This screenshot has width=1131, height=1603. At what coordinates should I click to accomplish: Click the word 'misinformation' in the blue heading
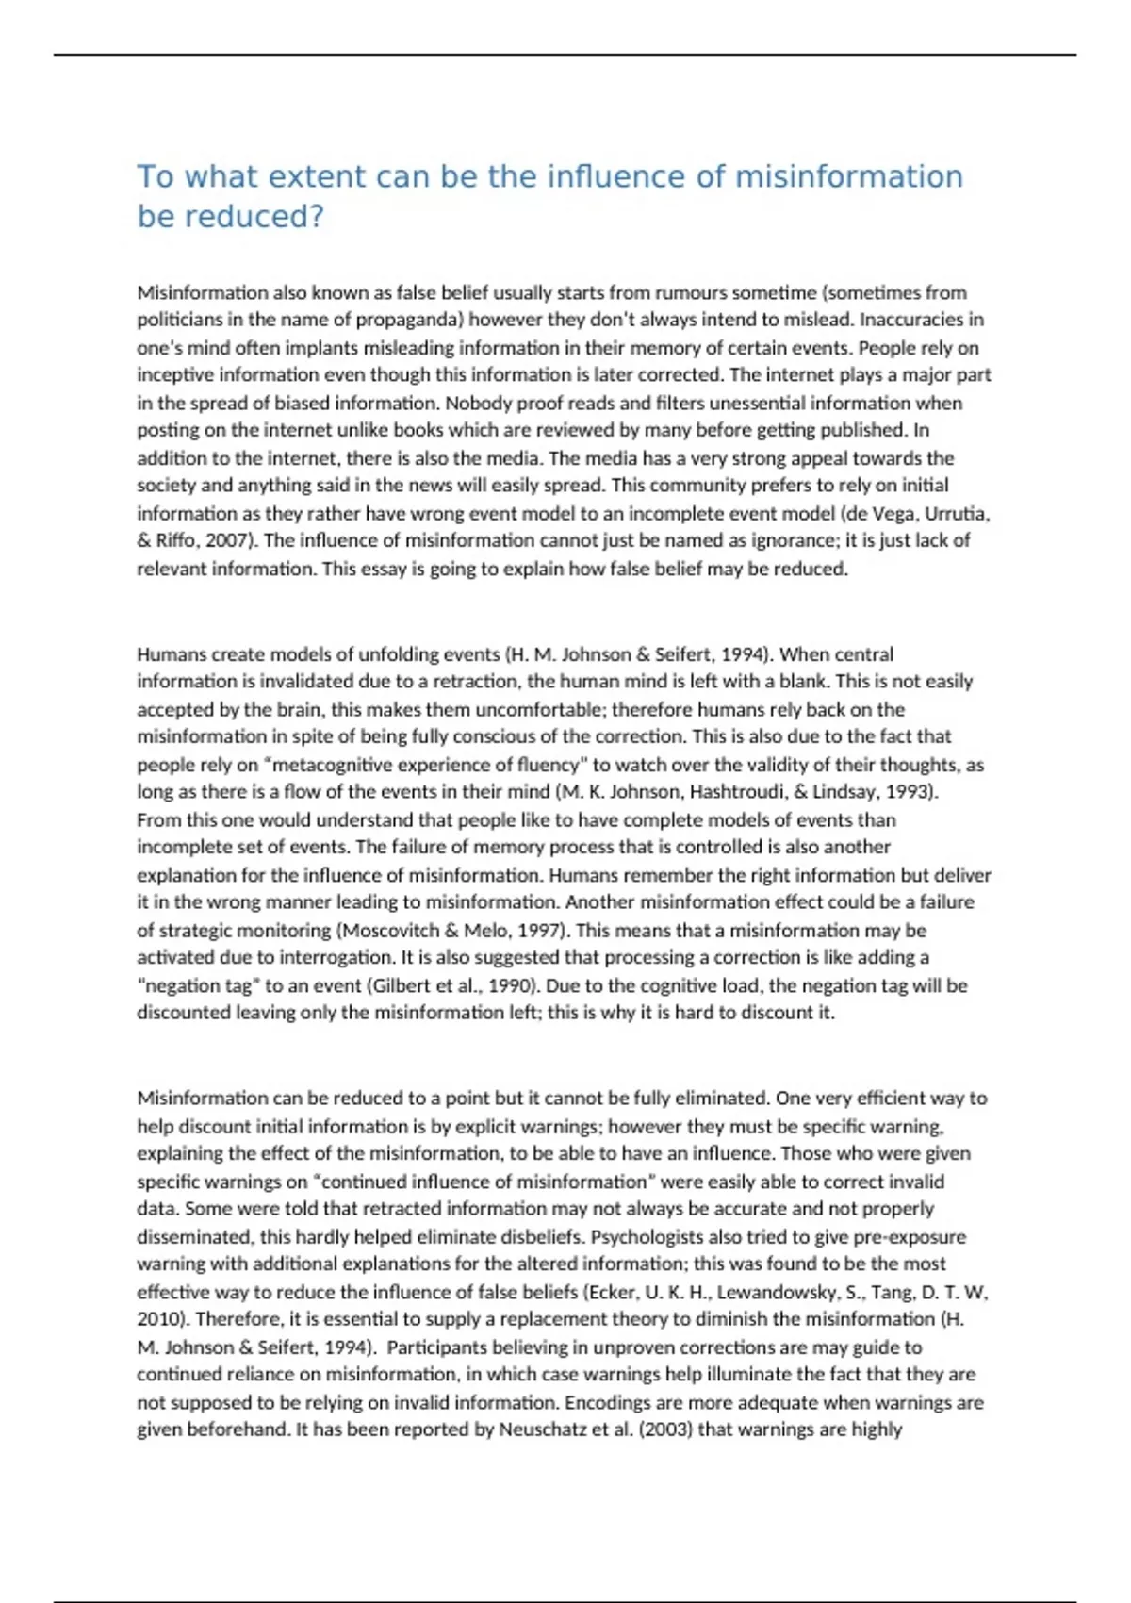click(x=848, y=176)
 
